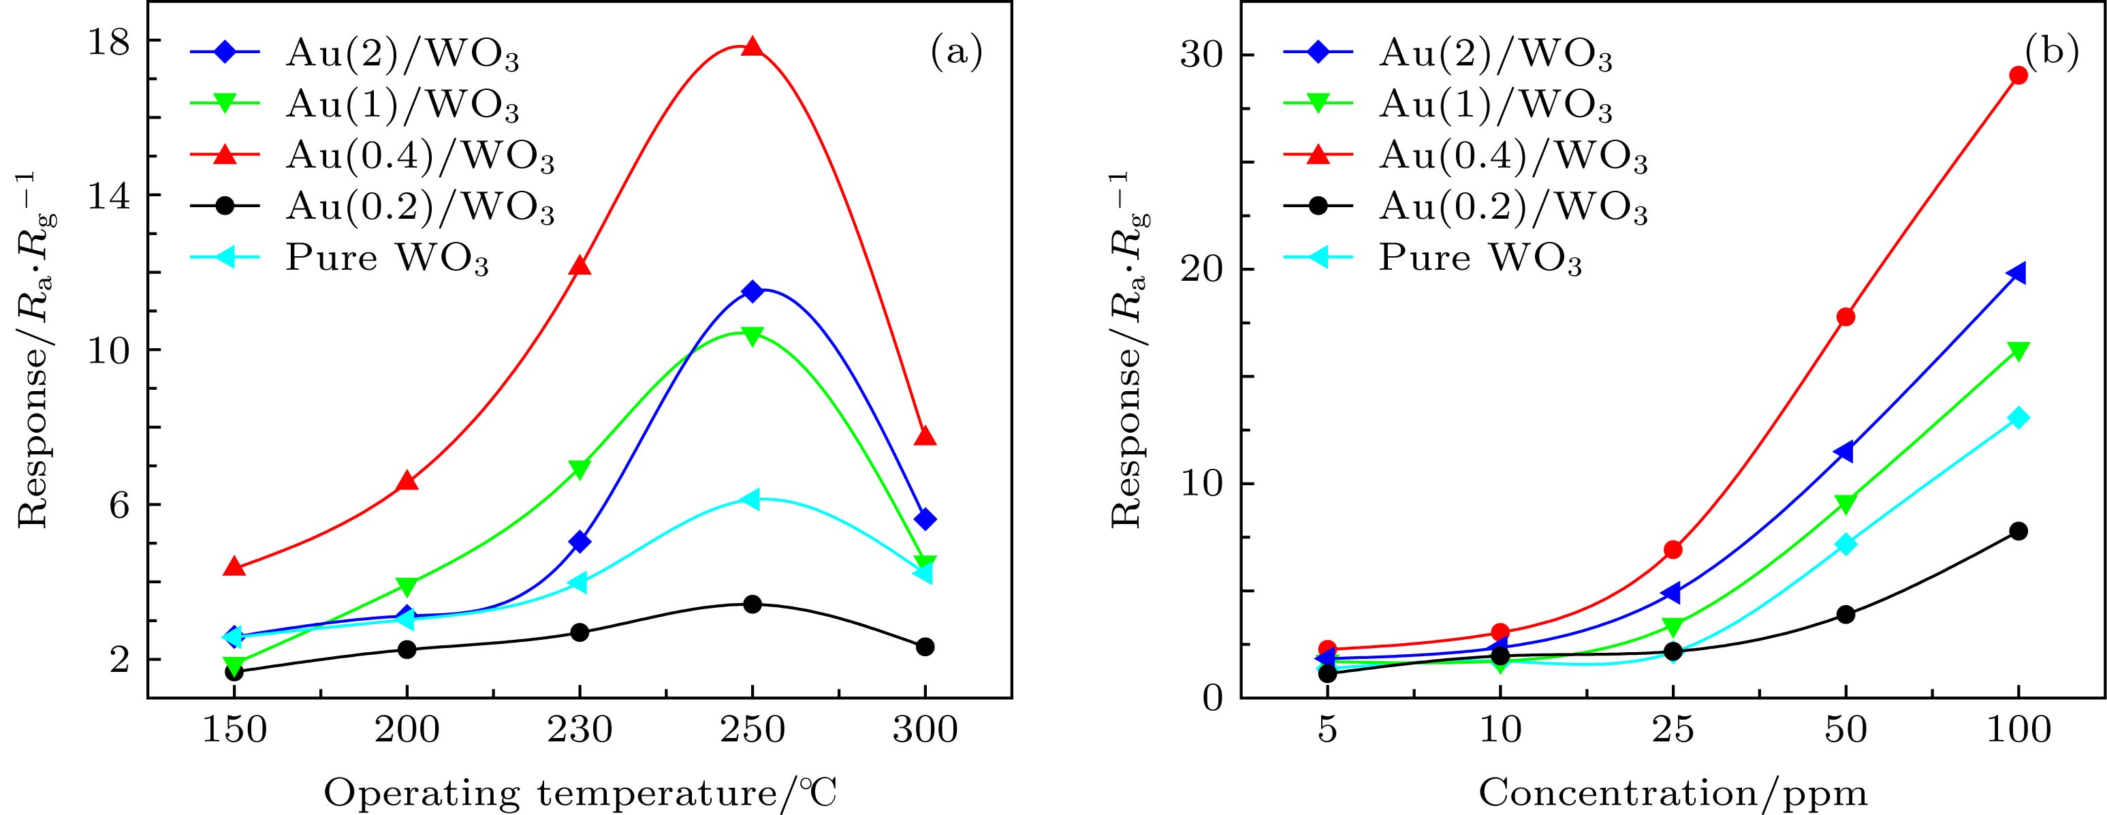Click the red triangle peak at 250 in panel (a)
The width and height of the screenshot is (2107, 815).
752,48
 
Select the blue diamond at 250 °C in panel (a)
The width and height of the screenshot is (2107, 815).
752,291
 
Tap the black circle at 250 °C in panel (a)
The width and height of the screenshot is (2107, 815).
752,604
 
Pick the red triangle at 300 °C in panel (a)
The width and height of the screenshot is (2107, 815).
925,436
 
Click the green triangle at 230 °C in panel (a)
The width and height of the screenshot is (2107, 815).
580,469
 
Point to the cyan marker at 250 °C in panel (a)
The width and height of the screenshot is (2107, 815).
751,499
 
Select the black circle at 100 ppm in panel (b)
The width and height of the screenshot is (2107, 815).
2018,531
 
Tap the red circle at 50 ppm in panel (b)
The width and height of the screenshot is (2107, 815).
1845,317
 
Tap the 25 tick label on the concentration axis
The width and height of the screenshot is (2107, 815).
1673,729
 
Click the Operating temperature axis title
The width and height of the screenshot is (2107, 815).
581,794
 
